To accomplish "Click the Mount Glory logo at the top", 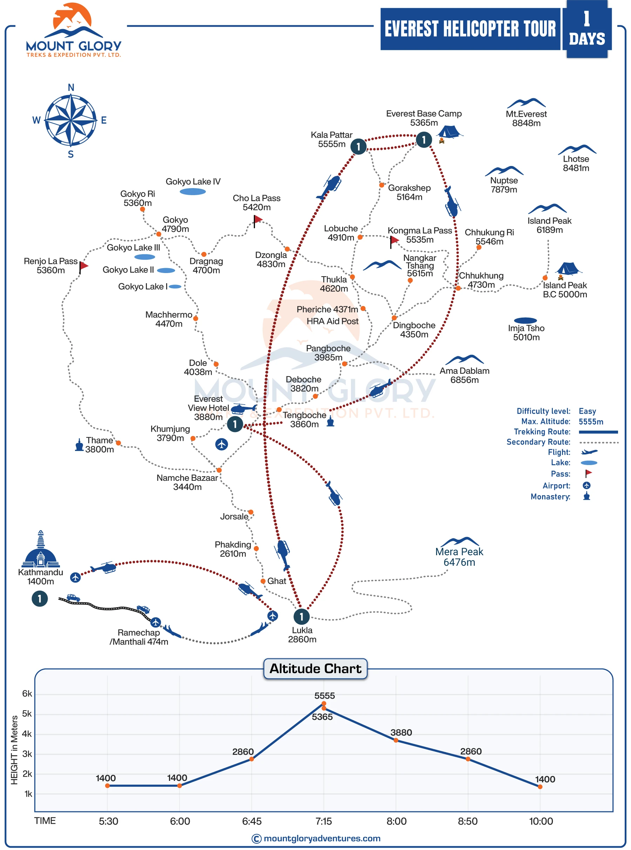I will (73, 31).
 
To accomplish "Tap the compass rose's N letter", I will (71, 87).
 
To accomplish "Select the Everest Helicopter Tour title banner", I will (470, 29).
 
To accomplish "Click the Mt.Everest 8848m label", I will (526, 119).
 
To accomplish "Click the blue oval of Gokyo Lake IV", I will (193, 192).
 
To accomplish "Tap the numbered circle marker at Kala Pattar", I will (358, 146).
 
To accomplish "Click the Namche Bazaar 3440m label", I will (187, 482).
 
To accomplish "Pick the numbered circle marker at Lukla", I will (301, 616).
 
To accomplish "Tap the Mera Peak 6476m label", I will (459, 557).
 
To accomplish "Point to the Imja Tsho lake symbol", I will (525, 320).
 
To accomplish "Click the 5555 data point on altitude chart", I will (324, 704).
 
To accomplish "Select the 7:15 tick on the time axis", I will (324, 821).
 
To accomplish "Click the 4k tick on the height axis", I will (27, 734).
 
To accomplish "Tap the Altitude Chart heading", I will (315, 668).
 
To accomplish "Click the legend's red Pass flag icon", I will (588, 473).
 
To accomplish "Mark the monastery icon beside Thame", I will (79, 445).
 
